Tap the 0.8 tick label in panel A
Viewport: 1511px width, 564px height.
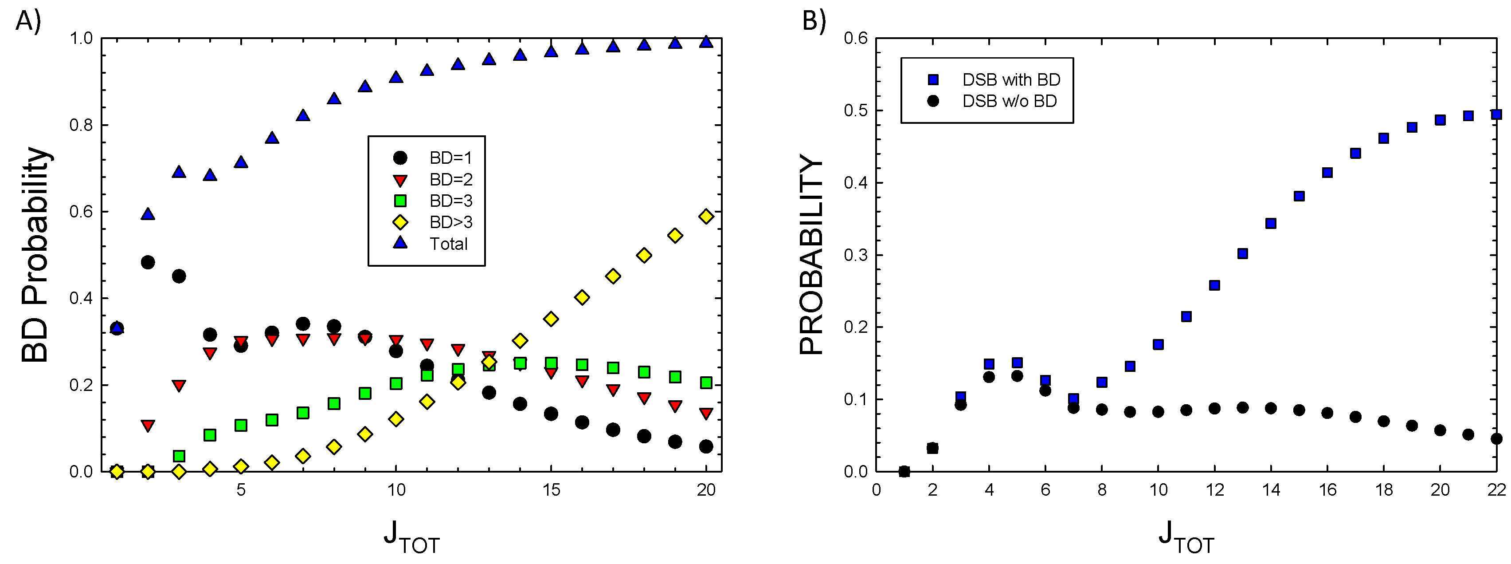pos(81,125)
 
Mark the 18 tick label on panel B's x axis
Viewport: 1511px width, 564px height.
pos(1383,490)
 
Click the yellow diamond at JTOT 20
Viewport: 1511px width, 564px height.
pos(706,217)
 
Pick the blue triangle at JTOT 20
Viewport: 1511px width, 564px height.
pos(706,42)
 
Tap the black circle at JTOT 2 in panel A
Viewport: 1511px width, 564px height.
pos(148,262)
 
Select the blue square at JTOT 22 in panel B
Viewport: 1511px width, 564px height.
pos(1496,114)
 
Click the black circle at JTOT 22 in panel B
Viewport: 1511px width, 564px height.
pos(1496,438)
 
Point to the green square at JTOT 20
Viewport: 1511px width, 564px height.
pos(706,383)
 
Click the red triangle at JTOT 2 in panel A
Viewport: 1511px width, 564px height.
pos(148,426)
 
